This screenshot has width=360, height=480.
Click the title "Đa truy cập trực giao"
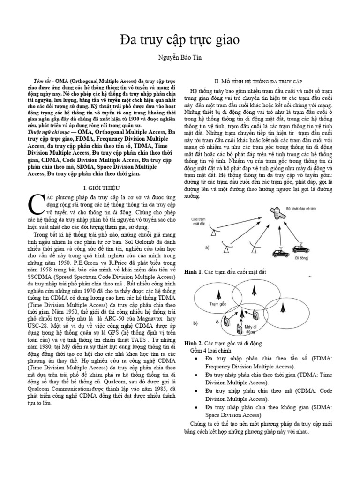point(180,41)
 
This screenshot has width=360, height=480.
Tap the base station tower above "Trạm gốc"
point(217,295)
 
